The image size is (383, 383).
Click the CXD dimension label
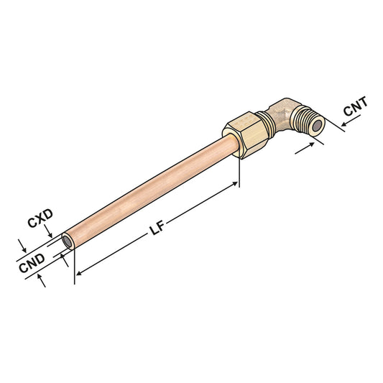41,222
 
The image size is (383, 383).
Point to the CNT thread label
356,110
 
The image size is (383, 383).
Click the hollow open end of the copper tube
66,242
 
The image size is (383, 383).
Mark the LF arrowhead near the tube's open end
79,272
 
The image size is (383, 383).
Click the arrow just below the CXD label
48,233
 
